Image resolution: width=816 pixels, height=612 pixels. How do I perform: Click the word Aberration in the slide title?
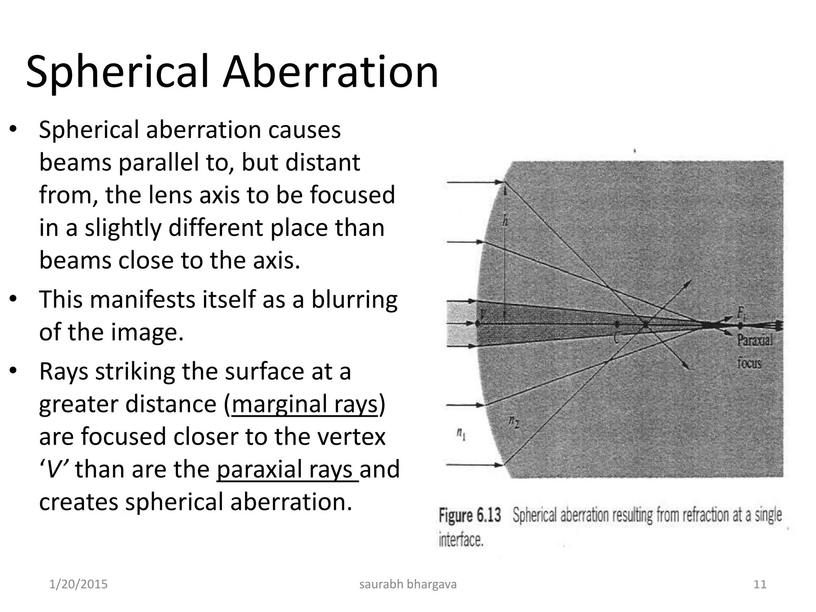(x=330, y=72)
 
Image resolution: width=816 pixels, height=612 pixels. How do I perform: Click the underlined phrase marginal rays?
(x=305, y=404)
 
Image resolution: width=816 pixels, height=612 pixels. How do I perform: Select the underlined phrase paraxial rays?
(x=287, y=469)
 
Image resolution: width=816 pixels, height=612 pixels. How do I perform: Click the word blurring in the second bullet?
(x=354, y=299)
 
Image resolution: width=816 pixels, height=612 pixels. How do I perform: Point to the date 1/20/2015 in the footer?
(x=78, y=585)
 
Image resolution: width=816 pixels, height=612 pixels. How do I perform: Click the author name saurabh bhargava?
(x=408, y=585)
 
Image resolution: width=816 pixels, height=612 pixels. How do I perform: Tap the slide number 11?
(x=760, y=585)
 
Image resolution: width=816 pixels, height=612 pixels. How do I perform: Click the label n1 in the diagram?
(x=461, y=434)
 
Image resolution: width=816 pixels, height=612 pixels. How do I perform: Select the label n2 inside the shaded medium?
(x=514, y=422)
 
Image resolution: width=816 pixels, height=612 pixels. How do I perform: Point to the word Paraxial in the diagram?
(x=754, y=340)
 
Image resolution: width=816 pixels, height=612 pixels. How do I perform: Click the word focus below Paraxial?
(x=749, y=363)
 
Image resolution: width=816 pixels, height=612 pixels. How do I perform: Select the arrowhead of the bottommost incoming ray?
(x=499, y=465)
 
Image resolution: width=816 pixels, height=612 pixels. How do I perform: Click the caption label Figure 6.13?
(x=470, y=516)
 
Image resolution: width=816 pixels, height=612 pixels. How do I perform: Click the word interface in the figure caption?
(x=461, y=540)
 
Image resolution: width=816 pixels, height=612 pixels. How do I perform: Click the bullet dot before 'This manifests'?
(x=14, y=299)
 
